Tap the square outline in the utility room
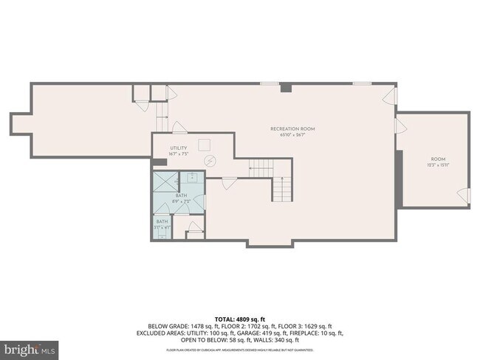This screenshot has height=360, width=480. (207, 143)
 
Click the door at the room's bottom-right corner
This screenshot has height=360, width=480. (464, 196)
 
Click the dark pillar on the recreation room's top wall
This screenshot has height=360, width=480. (286, 88)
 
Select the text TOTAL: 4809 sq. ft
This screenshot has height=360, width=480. (240, 319)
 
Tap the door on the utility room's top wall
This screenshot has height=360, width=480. (178, 127)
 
